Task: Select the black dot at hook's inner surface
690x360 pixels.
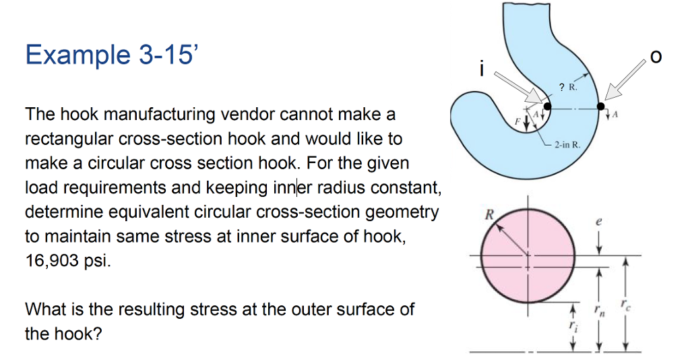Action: tap(547, 106)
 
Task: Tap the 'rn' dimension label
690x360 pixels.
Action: tap(594, 311)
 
